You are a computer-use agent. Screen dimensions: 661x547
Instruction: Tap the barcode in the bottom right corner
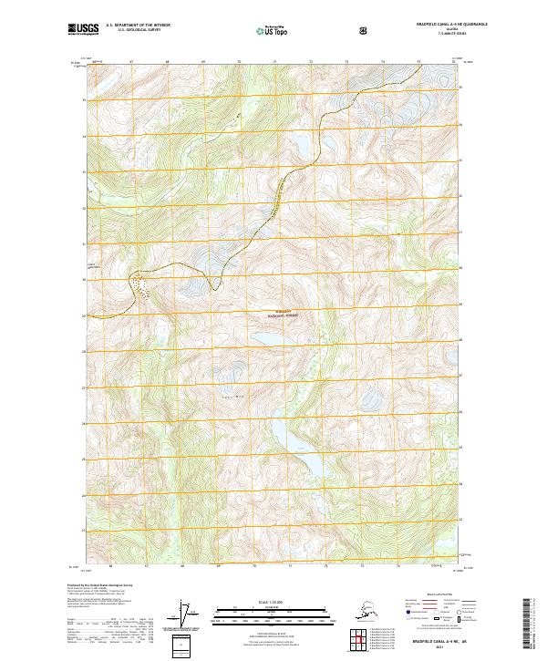[531, 629]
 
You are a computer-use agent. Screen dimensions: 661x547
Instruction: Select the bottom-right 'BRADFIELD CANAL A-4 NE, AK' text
[439, 643]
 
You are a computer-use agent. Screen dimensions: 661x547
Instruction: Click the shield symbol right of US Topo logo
[365, 30]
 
